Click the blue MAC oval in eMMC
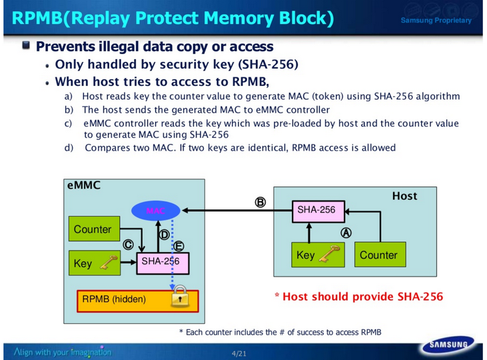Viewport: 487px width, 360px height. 155,211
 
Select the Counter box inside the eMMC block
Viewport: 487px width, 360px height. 93,229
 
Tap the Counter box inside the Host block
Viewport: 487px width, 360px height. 378,255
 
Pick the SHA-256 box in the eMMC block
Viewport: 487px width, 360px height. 162,262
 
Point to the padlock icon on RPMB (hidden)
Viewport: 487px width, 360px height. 179,299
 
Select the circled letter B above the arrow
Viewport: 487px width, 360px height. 260,201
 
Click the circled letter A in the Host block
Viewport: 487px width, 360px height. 346,233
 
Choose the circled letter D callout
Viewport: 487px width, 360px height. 163,234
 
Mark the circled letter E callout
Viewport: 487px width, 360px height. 179,247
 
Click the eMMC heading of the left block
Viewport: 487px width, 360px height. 83,185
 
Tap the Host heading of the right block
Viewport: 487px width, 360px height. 404,196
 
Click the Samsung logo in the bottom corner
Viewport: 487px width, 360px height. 447,346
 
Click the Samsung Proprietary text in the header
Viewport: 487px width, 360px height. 436,21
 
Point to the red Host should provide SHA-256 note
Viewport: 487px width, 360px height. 359,296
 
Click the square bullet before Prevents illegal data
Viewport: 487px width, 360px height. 26,46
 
